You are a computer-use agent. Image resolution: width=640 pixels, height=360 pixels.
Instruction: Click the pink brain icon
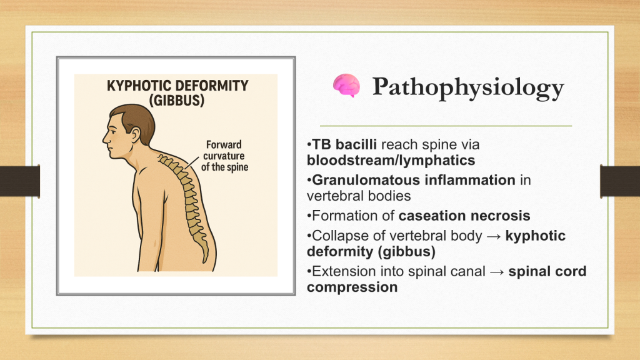tap(346, 85)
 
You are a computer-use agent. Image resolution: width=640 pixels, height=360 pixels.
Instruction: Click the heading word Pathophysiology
tap(468, 87)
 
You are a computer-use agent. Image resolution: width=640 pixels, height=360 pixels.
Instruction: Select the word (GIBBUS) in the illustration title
tap(177, 101)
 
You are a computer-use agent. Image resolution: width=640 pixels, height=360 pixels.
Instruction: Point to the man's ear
tap(135, 135)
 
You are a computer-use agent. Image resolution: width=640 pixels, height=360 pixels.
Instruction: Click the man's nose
tap(105, 137)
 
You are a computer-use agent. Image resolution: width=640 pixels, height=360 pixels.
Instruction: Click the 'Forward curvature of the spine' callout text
tap(224, 156)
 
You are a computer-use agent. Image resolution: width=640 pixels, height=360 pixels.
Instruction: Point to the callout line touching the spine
tap(191, 163)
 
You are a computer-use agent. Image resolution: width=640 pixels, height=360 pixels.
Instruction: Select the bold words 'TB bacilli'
tap(344, 144)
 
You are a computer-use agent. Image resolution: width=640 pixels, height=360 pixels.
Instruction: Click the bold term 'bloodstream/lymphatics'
tap(391, 161)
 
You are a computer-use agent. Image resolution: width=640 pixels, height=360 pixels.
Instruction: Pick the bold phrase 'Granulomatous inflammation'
tap(414, 180)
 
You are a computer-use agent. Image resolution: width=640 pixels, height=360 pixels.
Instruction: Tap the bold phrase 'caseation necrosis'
tap(464, 216)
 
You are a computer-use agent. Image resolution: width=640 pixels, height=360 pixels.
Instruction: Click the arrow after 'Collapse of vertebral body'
tap(494, 236)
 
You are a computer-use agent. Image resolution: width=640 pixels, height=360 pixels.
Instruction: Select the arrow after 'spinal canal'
tap(497, 272)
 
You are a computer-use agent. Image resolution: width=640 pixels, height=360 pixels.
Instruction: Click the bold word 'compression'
tap(352, 287)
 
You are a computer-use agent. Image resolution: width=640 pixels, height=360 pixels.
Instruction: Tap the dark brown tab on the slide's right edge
tap(620, 181)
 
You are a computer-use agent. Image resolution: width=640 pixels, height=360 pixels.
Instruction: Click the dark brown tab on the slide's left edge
tap(20, 181)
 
